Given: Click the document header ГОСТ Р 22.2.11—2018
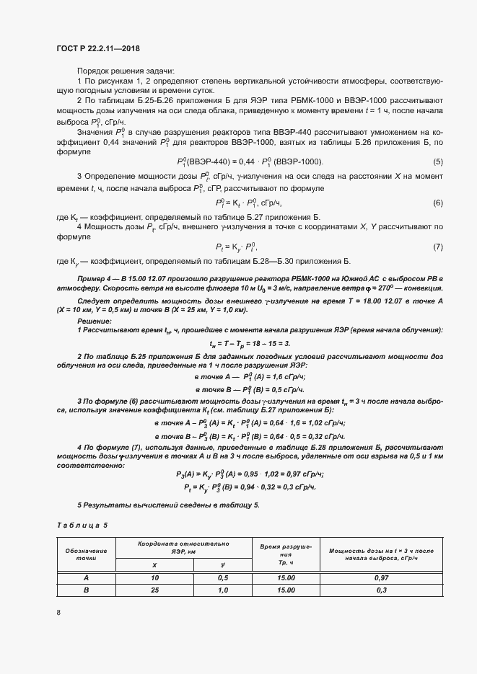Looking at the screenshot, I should pos(97,48).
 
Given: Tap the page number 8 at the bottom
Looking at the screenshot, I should pos(58,613).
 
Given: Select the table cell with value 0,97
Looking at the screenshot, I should pos(382,577).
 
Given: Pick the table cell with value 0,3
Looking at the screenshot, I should pos(382,590).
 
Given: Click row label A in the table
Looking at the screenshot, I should pos(87,577).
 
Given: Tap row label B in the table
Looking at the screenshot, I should pos(87,590).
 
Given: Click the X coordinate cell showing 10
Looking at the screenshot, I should pos(154,577).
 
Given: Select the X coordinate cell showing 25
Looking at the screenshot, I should pos(154,590).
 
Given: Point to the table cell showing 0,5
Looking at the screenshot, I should pos(223,577).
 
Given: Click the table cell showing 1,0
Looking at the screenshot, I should pos(223,590).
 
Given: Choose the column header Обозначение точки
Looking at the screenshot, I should pos(87,554).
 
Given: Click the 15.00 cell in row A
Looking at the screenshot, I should pos(286,577).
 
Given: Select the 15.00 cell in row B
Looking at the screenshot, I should pos(286,590).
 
